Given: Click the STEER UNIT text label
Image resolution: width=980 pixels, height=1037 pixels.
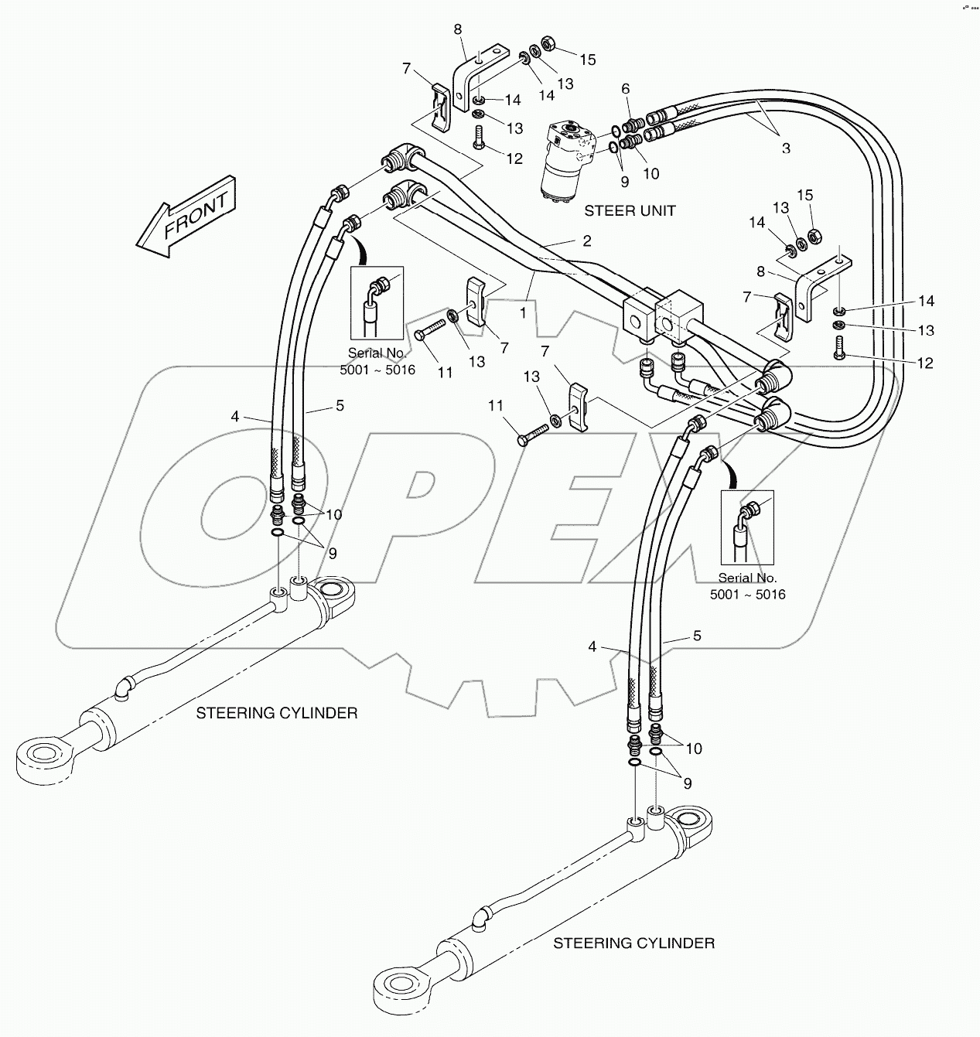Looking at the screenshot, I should click(x=630, y=210).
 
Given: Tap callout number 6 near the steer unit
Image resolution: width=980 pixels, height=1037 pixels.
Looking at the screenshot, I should click(x=625, y=90).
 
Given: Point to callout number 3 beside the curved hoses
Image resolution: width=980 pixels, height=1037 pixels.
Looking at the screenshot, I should click(x=785, y=148).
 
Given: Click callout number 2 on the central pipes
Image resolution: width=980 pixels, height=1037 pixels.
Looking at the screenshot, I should click(x=587, y=240).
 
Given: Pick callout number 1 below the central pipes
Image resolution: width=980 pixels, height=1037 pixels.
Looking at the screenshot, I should click(x=523, y=312).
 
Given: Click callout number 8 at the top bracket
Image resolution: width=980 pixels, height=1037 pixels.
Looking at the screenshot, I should click(x=457, y=29).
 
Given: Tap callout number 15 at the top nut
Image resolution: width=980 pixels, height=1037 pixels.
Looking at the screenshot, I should click(x=588, y=60).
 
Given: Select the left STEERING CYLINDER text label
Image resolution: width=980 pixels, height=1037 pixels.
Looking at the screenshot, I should click(x=276, y=712).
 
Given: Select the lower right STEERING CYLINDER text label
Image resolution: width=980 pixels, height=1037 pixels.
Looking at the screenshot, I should click(x=633, y=943).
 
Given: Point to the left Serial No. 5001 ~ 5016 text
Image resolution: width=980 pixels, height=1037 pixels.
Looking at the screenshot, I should click(x=378, y=361).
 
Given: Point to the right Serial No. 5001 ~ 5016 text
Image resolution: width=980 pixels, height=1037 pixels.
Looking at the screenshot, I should click(x=747, y=586).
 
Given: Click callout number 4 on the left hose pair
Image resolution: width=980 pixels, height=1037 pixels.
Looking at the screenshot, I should click(x=235, y=416).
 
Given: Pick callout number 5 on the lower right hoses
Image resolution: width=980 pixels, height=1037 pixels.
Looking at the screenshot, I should click(x=697, y=636).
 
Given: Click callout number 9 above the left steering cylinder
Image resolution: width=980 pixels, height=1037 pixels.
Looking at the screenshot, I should click(x=332, y=553).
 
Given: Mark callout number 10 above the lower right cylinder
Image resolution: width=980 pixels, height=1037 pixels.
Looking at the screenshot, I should click(x=693, y=749).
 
